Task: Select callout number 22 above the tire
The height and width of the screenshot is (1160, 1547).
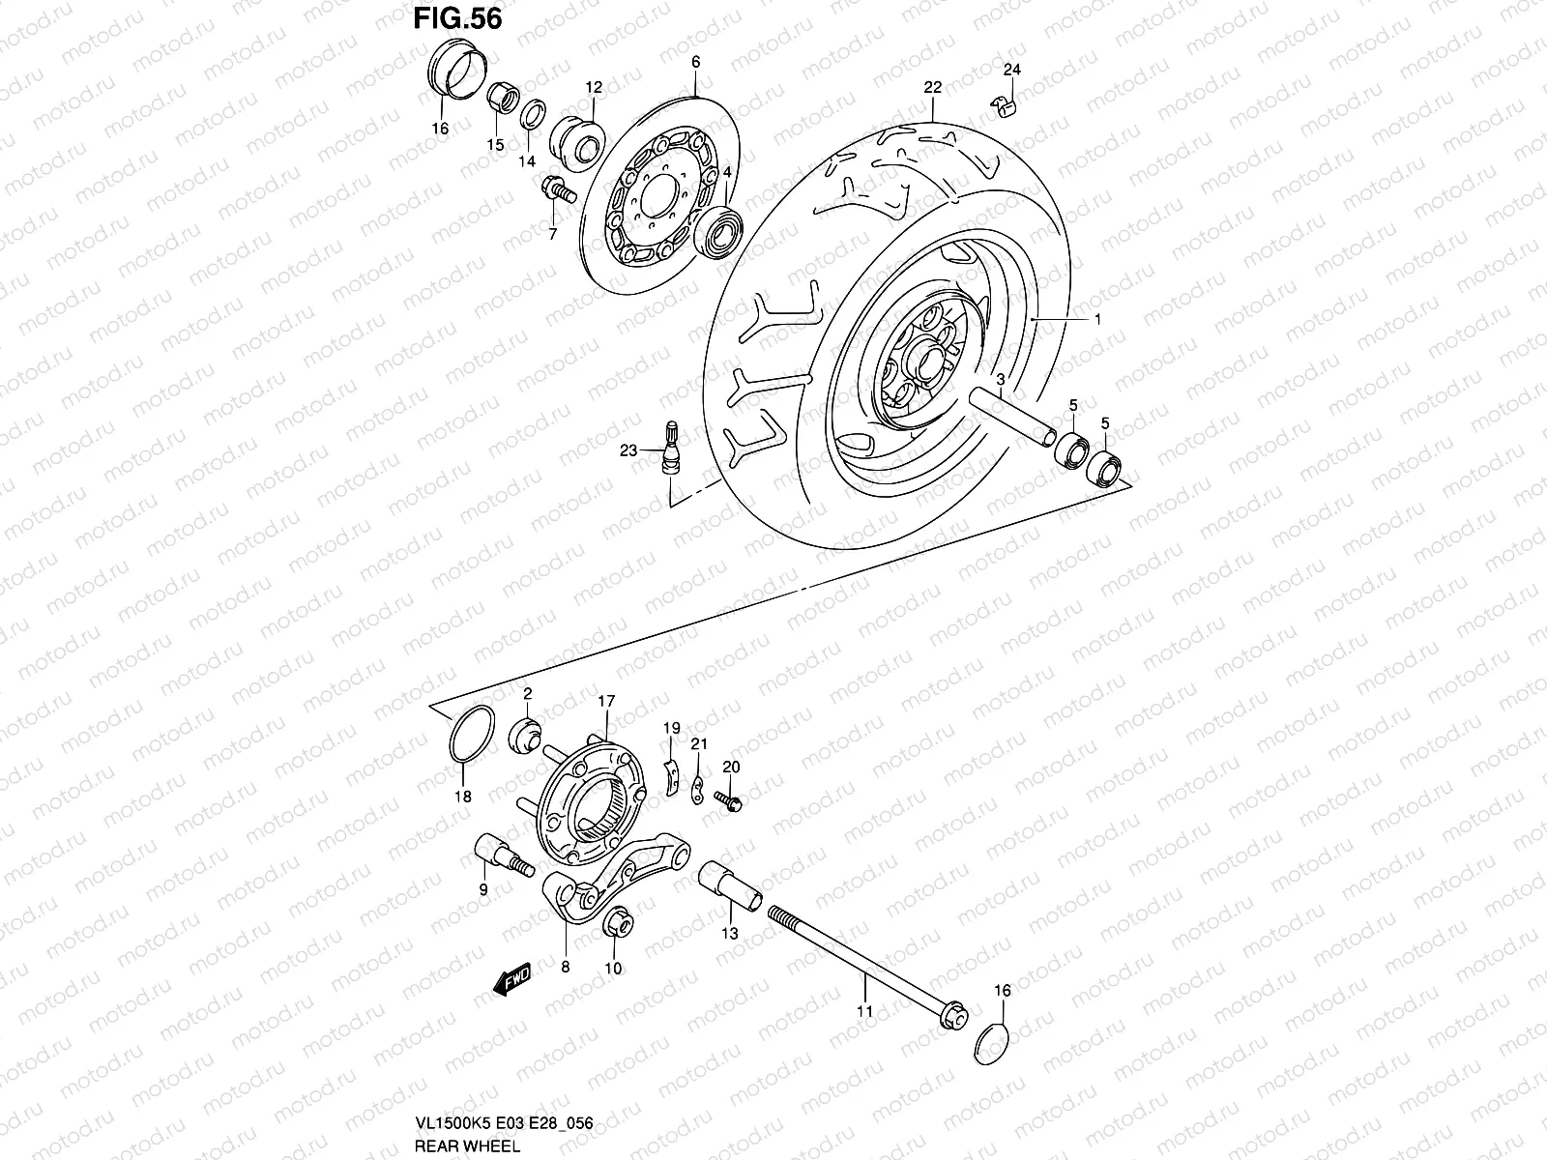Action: [932, 87]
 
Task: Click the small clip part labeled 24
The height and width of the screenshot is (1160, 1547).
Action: [1006, 104]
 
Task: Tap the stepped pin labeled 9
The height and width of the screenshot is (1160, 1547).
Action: [498, 857]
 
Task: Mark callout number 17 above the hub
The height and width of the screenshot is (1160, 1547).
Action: [605, 700]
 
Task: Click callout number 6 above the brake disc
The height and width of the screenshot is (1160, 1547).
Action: [694, 62]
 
